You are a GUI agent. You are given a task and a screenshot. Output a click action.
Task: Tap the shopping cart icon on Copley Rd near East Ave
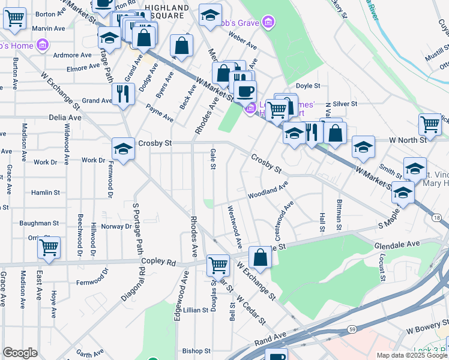(49, 247)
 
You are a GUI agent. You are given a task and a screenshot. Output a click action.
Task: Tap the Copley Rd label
(158, 262)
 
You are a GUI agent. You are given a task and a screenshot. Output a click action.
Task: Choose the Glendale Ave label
(397, 245)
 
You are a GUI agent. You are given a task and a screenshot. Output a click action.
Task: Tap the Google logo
(20, 353)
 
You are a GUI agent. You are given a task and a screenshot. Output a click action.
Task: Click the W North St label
(407, 140)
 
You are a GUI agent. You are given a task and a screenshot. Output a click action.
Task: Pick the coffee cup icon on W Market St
(244, 91)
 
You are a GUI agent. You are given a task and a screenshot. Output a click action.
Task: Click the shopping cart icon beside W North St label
(430, 125)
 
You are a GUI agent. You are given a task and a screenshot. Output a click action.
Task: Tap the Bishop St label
(196, 350)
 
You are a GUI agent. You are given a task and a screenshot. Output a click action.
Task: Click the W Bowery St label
(427, 329)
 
